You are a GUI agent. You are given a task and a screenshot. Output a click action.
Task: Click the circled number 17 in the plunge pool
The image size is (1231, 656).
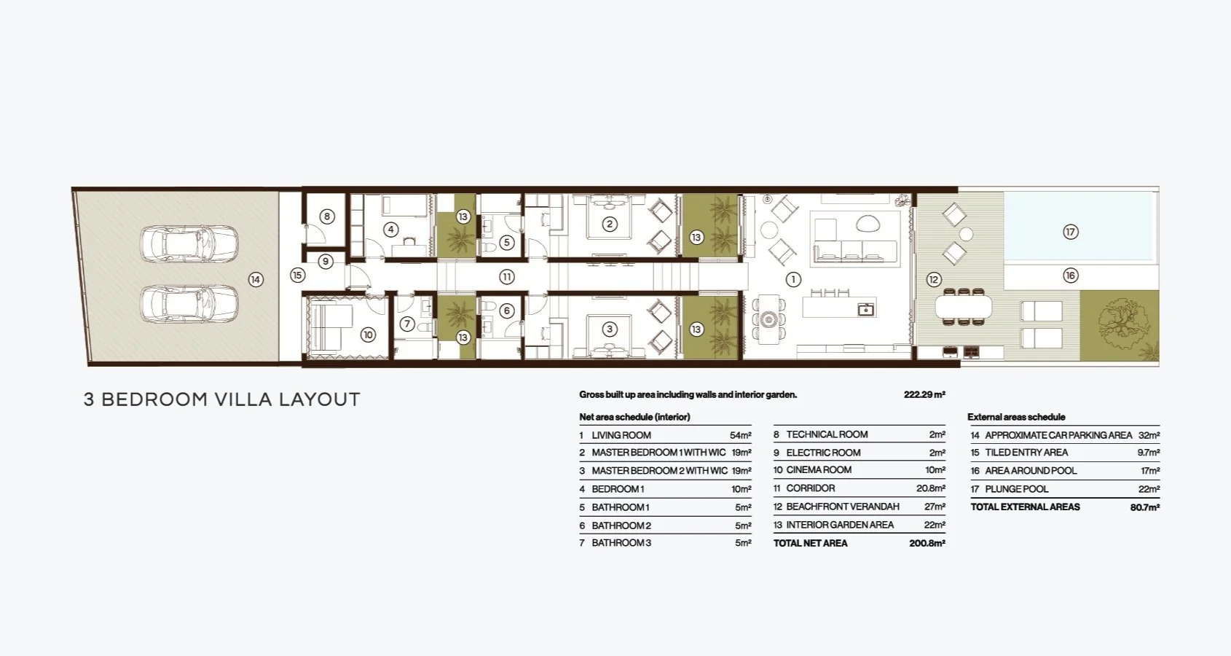1070,232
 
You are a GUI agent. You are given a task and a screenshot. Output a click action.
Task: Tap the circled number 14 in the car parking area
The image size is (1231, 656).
256,279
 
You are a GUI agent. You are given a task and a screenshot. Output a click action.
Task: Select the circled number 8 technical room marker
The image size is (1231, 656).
327,216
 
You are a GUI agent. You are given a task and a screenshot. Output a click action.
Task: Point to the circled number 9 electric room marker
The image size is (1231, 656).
326,262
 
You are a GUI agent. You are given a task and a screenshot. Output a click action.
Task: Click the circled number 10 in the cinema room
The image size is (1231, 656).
368,335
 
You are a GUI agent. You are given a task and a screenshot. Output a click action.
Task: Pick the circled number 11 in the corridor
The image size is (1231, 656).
507,277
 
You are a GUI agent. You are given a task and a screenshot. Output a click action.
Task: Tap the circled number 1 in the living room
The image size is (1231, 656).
793,279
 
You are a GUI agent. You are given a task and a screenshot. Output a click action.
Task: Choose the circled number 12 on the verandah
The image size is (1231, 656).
934,279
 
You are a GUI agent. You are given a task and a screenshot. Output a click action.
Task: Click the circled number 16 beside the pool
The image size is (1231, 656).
1071,276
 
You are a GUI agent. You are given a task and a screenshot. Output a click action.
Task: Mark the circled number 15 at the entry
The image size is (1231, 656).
297,276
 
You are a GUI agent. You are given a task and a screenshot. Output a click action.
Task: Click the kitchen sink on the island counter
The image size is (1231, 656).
865,310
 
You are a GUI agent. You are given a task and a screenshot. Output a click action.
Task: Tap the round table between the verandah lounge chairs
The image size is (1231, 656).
966,234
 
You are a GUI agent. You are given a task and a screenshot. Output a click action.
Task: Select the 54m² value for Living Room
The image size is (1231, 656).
740,435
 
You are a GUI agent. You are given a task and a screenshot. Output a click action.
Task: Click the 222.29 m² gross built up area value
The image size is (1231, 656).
924,395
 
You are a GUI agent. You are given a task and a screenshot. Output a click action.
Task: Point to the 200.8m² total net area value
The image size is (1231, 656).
927,543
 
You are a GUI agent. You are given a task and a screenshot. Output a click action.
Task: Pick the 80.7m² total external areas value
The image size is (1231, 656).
1145,507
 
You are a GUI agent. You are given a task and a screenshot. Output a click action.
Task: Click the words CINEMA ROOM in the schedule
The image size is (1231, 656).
819,470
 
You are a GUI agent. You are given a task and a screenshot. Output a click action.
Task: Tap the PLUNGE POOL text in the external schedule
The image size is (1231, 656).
1017,489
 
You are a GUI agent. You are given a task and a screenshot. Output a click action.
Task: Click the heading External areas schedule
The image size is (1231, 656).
1016,417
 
